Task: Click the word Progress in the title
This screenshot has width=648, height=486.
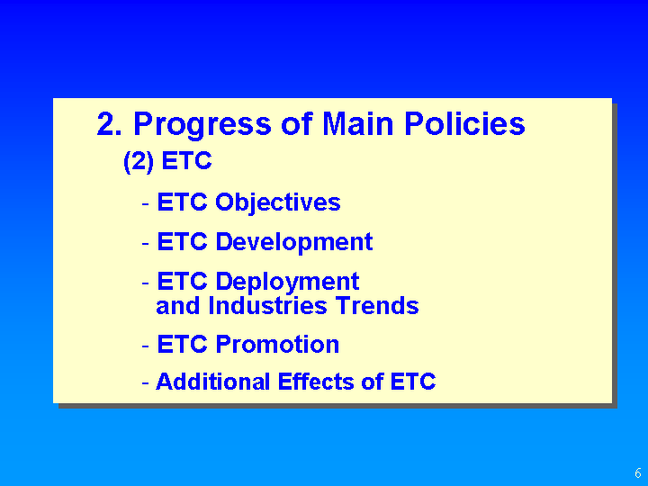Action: (202, 125)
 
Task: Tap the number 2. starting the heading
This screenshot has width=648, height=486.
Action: (109, 123)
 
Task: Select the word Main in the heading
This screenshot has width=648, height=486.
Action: (357, 123)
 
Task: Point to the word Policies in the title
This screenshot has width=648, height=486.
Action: (464, 123)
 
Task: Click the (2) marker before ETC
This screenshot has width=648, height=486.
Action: (139, 162)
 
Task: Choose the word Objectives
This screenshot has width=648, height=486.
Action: (278, 203)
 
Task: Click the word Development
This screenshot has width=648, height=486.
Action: (294, 242)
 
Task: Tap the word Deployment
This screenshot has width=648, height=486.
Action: (287, 283)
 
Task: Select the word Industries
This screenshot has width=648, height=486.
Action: (268, 306)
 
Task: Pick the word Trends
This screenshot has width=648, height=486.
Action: (377, 306)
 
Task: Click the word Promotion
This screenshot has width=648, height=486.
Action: (277, 344)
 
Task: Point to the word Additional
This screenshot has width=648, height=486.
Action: (212, 381)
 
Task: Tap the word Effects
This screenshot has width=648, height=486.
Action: (316, 381)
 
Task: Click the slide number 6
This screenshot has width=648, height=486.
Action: (638, 472)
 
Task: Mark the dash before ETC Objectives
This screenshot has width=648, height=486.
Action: (145, 203)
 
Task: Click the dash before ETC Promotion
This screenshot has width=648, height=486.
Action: (145, 346)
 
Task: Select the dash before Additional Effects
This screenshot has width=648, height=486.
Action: (145, 382)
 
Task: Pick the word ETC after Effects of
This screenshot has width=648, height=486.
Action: (413, 381)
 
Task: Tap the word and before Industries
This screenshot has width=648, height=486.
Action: (177, 306)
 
